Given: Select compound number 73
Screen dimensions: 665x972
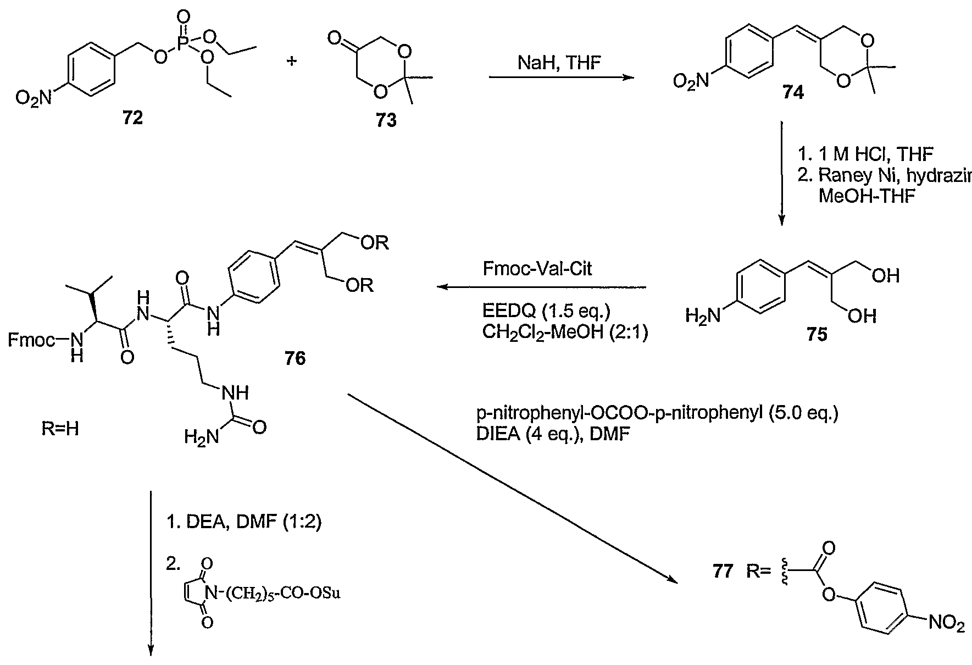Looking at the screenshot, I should tap(385, 120).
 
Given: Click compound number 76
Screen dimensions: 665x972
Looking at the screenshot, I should tap(295, 358).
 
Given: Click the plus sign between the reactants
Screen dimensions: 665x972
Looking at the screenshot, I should tap(292, 60).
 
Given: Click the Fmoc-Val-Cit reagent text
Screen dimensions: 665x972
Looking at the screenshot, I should tap(537, 269).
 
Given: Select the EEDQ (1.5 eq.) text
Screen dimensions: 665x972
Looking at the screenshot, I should tap(546, 312).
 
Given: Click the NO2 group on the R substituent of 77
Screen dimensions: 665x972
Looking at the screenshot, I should tap(946, 624).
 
